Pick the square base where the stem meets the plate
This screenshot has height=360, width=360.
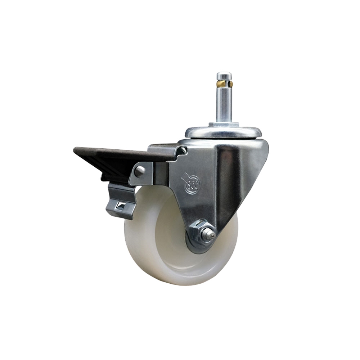coord(224,125)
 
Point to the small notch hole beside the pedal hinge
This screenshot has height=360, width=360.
coord(183,150)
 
